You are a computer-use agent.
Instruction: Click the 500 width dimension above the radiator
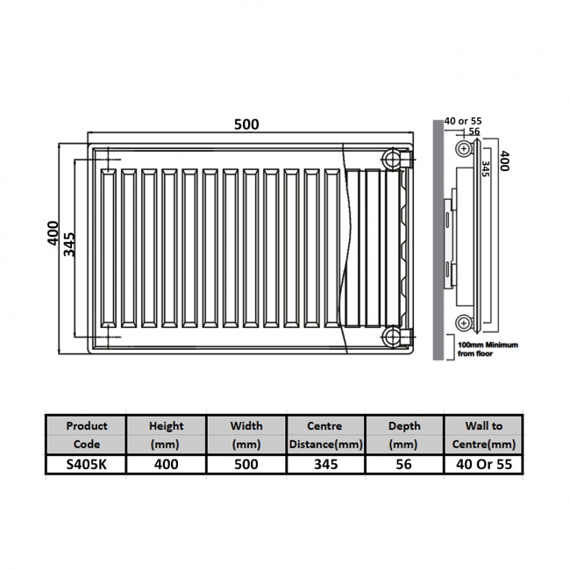point(246,125)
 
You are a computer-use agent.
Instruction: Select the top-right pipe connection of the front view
point(392,159)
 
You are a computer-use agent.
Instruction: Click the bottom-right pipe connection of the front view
point(392,337)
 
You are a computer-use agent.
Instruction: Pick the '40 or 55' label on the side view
point(463,120)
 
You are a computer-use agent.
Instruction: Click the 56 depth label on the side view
point(474,132)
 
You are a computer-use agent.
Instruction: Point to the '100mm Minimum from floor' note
point(488,348)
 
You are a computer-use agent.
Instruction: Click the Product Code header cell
point(87,434)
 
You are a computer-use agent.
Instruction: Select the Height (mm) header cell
point(167,434)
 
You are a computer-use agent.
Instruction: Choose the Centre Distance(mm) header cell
point(325,434)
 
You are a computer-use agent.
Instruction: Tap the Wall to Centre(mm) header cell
point(485,434)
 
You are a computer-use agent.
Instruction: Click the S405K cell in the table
point(87,464)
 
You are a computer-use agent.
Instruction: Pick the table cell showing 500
point(246,464)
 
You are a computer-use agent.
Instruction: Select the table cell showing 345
point(325,464)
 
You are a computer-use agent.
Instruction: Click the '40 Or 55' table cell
point(485,464)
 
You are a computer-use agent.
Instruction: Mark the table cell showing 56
point(404,464)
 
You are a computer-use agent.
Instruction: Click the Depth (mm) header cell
point(404,434)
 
